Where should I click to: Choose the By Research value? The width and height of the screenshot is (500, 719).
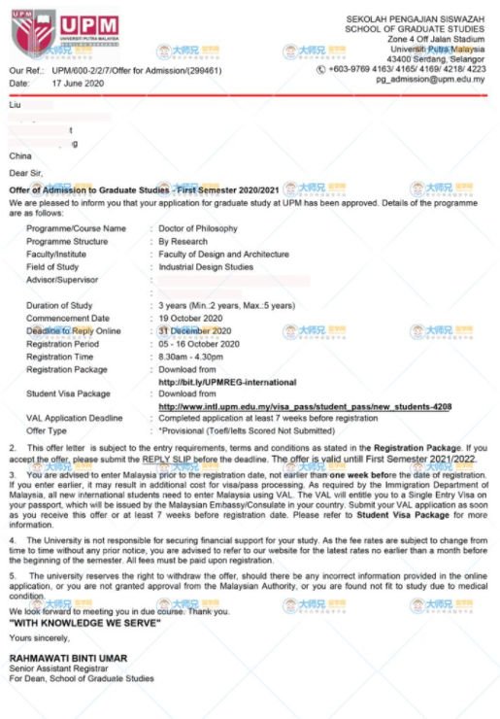(x=183, y=241)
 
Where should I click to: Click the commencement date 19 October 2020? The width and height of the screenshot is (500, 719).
(x=190, y=318)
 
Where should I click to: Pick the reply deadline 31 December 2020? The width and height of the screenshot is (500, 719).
(x=193, y=330)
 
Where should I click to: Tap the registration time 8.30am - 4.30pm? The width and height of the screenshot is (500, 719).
(x=190, y=357)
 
